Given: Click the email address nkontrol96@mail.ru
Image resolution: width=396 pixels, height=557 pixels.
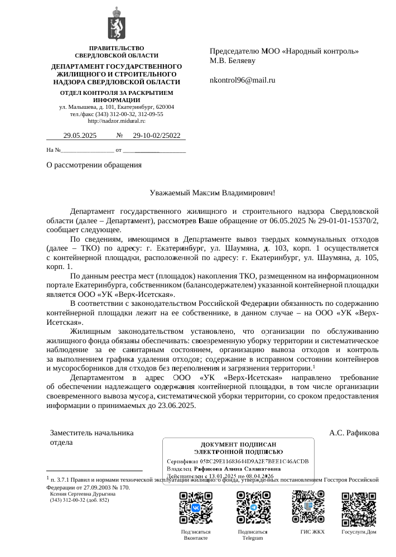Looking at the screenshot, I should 242,80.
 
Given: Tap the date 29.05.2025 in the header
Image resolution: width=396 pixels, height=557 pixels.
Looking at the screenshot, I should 80,135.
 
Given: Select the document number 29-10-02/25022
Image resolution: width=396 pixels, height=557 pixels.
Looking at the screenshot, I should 157,135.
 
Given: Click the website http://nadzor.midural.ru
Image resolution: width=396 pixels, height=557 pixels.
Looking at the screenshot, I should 117,121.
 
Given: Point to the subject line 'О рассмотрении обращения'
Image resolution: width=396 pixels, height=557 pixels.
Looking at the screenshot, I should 94,165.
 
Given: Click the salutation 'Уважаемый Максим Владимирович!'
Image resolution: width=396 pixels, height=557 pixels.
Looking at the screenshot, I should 213,193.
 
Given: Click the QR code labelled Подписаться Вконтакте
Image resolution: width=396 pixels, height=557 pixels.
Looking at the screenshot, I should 196,507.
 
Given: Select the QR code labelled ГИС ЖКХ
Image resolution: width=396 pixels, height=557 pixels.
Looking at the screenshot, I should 308,506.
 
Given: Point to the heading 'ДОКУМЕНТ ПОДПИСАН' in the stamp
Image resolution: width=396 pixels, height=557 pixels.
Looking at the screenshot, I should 238,443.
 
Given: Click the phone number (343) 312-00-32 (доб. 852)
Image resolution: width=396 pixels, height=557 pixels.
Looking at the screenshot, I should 80,500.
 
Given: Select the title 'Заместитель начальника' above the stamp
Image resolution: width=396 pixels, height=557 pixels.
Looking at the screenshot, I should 92,433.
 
